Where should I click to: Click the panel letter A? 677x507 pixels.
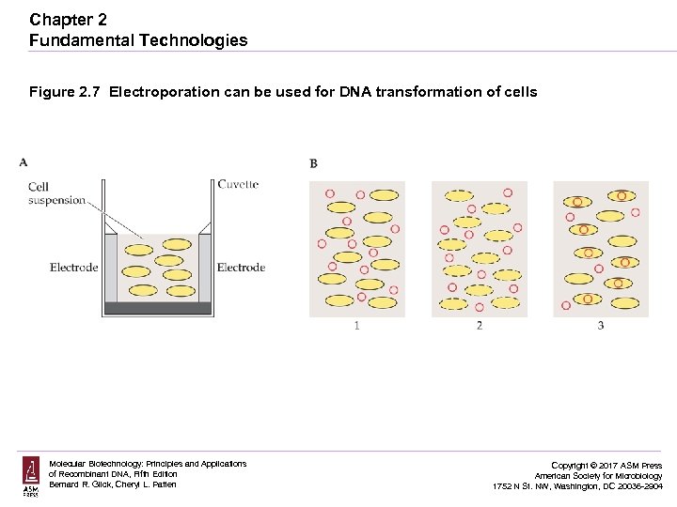(24, 162)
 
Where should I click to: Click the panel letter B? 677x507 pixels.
(313, 163)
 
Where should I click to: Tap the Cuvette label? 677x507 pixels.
(238, 184)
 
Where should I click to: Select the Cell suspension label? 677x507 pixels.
(56, 193)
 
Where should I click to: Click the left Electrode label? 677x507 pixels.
(73, 268)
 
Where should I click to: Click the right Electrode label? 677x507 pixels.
(241, 268)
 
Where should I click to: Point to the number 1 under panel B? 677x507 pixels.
(356, 326)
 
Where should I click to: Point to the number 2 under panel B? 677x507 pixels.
(480, 326)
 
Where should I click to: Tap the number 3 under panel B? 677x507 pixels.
(600, 326)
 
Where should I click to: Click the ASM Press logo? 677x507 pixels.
(31, 477)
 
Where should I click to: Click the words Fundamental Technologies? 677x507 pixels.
(138, 40)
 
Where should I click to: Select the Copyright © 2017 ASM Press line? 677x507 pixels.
(606, 466)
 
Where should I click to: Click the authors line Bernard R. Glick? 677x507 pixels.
(113, 484)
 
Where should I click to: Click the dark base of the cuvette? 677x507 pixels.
(157, 308)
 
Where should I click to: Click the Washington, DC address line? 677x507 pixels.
(577, 486)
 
